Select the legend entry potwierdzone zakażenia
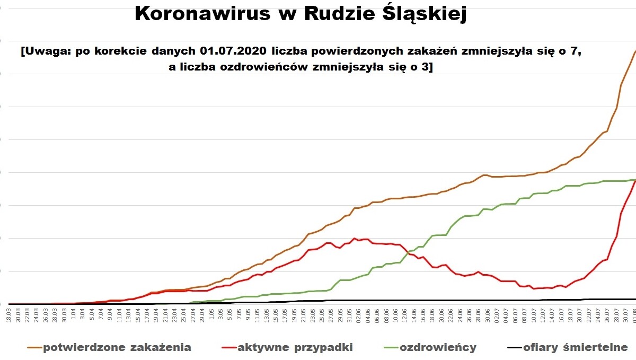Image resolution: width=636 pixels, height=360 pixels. tap(117, 348)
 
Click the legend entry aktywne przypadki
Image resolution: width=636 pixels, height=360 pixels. tap(295, 348)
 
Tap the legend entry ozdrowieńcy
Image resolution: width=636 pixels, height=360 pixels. tap(438, 348)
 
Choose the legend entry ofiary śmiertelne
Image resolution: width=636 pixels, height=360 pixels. tap(575, 348)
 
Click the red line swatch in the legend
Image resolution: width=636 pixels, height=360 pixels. tap(228, 348)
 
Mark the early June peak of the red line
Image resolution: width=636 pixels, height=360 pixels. tap(354, 238)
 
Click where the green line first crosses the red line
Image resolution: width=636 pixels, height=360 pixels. tap(409, 252)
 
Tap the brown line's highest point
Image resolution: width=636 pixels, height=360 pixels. tap(635, 51)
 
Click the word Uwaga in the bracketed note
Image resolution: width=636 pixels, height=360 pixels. tap(41, 52)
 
